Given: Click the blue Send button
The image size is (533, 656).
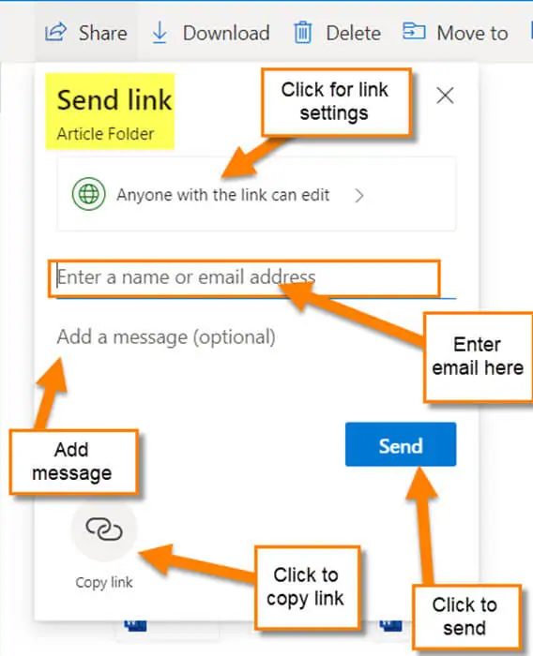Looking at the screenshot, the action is tap(401, 444).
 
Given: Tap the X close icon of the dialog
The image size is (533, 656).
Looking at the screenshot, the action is tap(445, 96).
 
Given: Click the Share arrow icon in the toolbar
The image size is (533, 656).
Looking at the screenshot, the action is tap(55, 32).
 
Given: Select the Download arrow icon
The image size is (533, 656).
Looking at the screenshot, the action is tap(160, 33).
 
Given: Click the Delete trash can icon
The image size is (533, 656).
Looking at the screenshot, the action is tap(302, 33).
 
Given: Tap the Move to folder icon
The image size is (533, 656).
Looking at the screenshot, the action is tap(414, 31).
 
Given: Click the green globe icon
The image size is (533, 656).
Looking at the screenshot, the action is tap(88, 194).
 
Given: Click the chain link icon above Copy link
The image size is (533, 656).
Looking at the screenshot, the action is tap(104, 529).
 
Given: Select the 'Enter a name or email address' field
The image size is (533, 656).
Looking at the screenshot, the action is tap(244, 278).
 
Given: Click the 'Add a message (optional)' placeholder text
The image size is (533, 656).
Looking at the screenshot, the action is tap(166, 337).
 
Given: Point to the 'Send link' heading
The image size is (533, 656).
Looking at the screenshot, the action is tap(114, 100).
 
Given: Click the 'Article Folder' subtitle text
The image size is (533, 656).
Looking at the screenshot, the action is tap(105, 134).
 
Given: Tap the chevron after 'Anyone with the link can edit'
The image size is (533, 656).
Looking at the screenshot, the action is tap(359, 195).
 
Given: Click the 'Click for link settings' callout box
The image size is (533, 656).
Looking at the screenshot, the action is tap(336, 102).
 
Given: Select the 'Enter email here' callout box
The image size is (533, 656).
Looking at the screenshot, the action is tap(479, 357).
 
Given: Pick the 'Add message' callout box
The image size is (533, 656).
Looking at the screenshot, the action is tap(73, 462).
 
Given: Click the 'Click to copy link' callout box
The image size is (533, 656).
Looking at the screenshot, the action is tap(307, 588).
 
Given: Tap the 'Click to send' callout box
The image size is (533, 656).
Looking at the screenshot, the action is tap(466, 618).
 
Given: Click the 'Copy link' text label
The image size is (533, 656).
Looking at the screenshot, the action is tap(104, 583).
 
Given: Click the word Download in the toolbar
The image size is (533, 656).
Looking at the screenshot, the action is tap(226, 33).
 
